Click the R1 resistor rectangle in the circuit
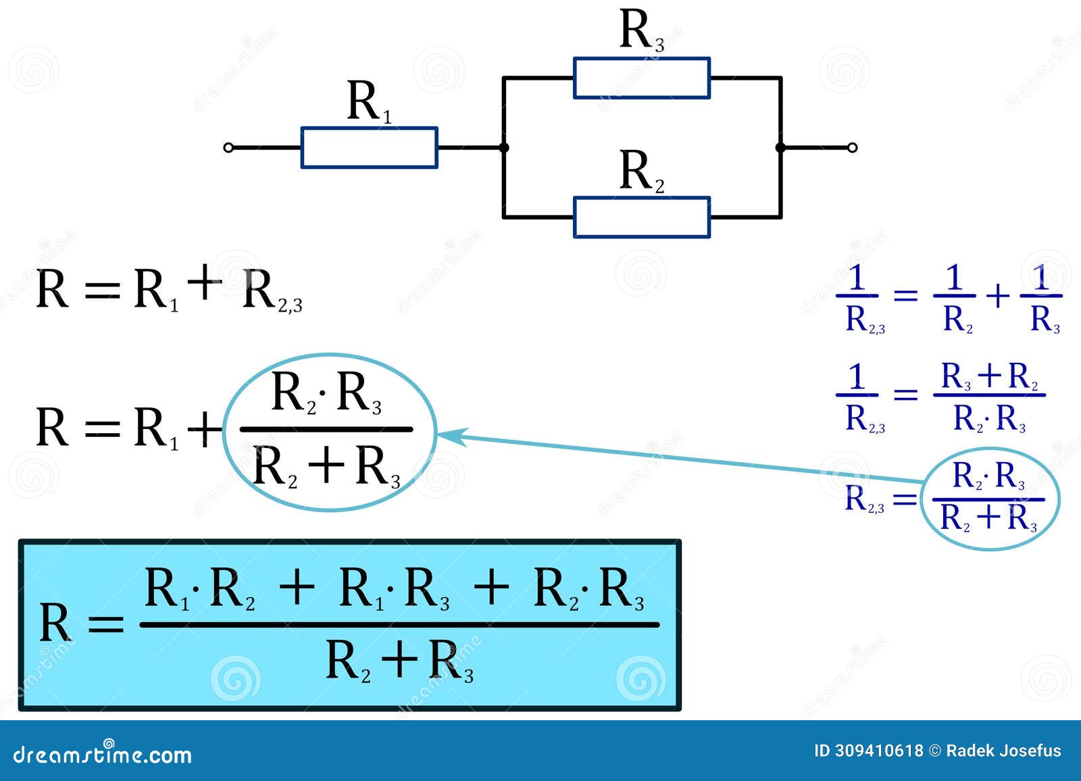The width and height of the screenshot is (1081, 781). point(369,147)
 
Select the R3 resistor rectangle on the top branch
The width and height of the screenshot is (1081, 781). point(641,78)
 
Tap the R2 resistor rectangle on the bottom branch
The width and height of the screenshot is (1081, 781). point(641,218)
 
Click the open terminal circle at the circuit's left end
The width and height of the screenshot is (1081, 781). point(228,147)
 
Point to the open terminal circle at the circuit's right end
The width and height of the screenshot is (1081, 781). point(853,147)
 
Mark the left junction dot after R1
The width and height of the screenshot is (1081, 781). point(503,147)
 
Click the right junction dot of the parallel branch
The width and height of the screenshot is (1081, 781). point(780,147)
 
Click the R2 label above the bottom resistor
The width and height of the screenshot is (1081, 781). point(641,172)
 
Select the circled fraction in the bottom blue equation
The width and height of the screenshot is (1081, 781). point(990,499)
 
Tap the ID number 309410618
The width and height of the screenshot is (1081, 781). point(879,751)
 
